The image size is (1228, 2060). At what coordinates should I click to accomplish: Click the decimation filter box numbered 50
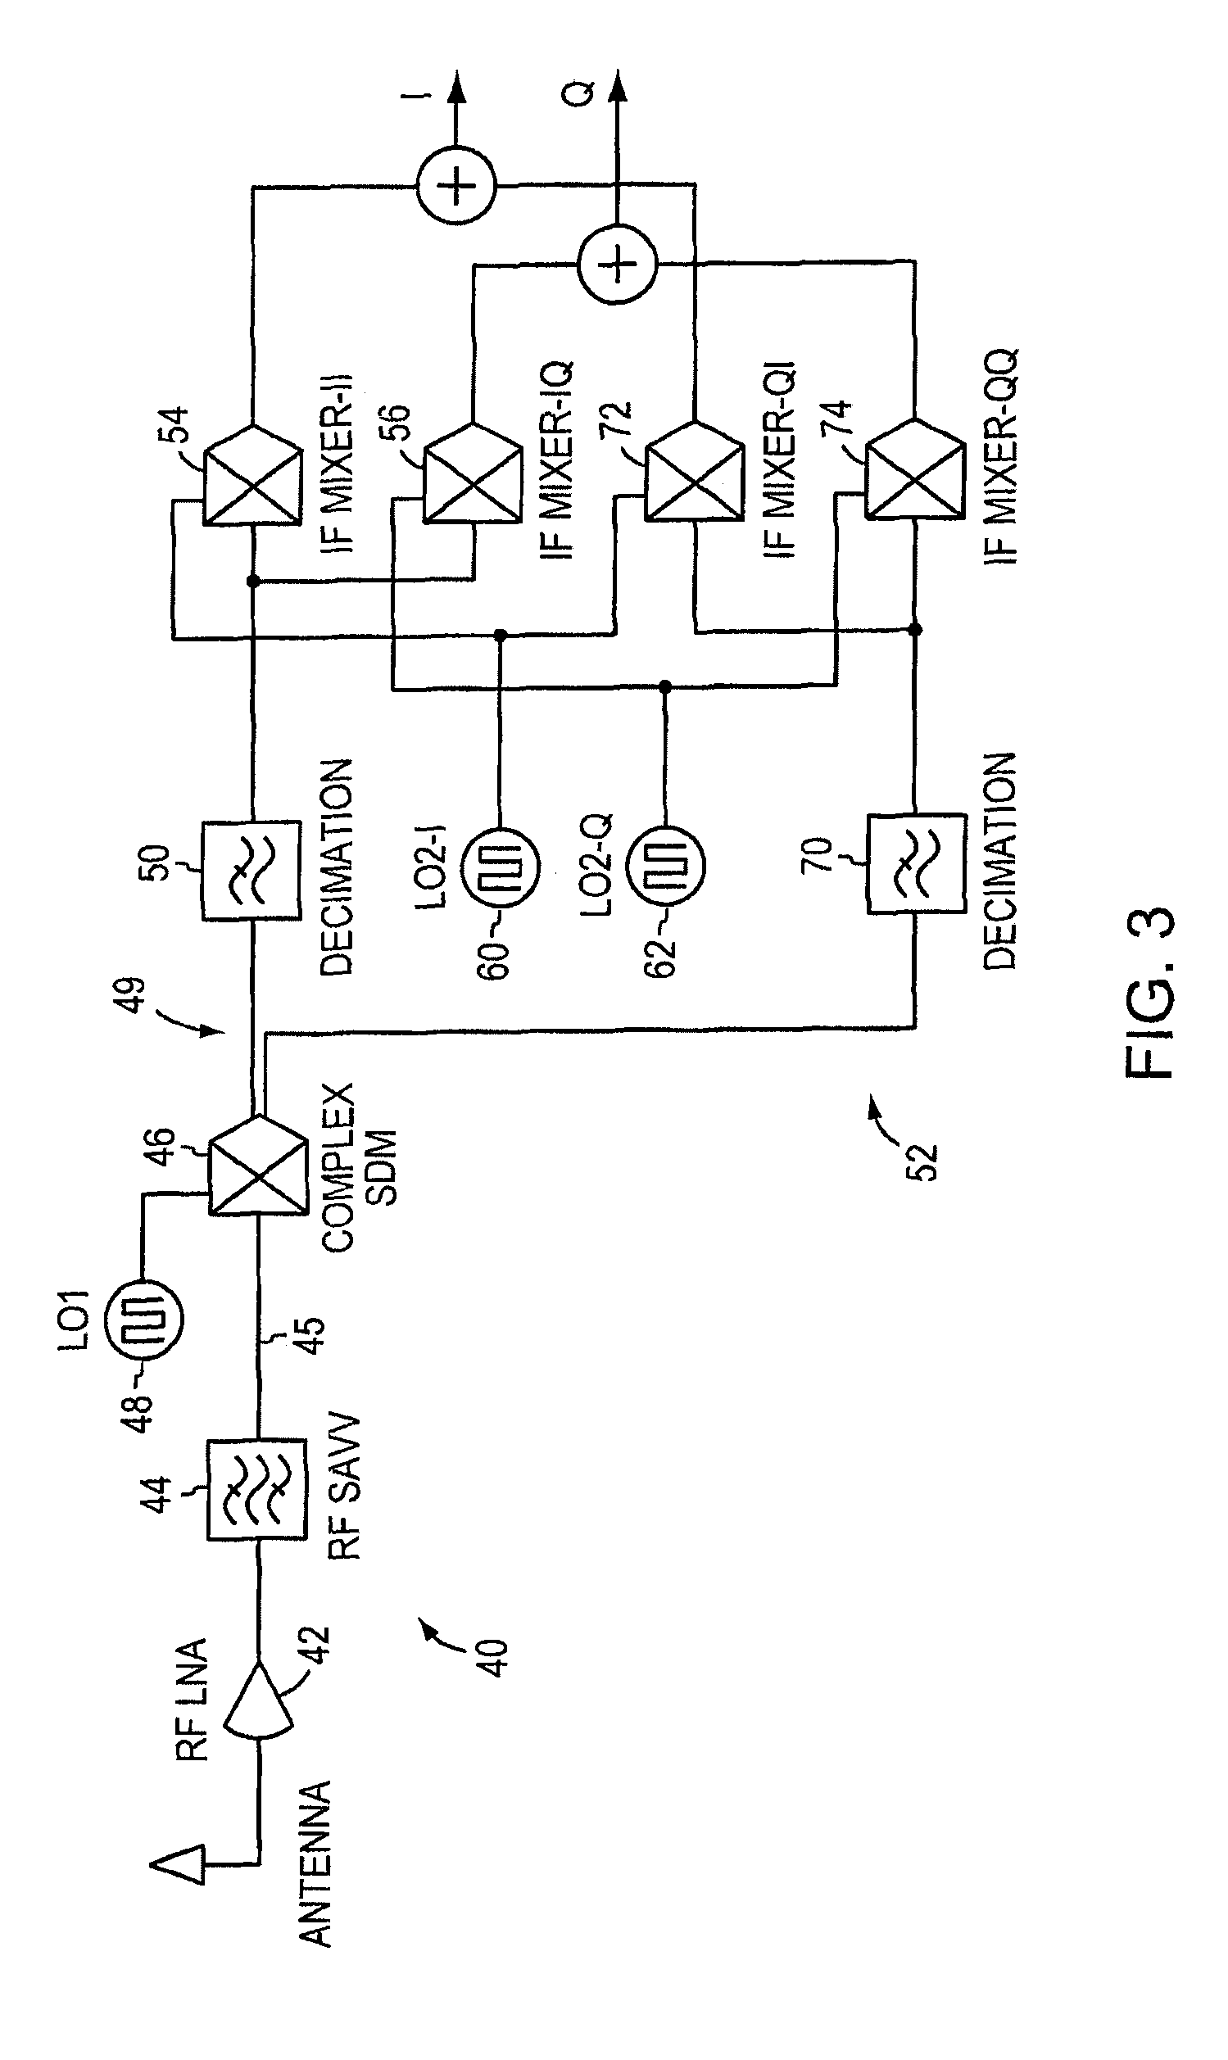[251, 871]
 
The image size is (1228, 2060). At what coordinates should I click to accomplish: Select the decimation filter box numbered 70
[916, 864]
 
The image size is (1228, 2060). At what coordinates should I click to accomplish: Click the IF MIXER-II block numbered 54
[252, 476]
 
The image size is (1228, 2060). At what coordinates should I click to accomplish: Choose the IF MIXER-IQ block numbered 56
[474, 474]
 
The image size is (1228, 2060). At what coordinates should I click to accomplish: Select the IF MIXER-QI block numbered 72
[693, 472]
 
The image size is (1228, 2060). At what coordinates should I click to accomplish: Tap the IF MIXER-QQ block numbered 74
[915, 470]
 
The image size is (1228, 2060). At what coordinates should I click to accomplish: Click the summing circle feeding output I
[456, 185]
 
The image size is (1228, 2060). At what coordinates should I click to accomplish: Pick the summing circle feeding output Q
[617, 265]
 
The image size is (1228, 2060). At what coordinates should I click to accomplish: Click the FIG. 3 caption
[1150, 993]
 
